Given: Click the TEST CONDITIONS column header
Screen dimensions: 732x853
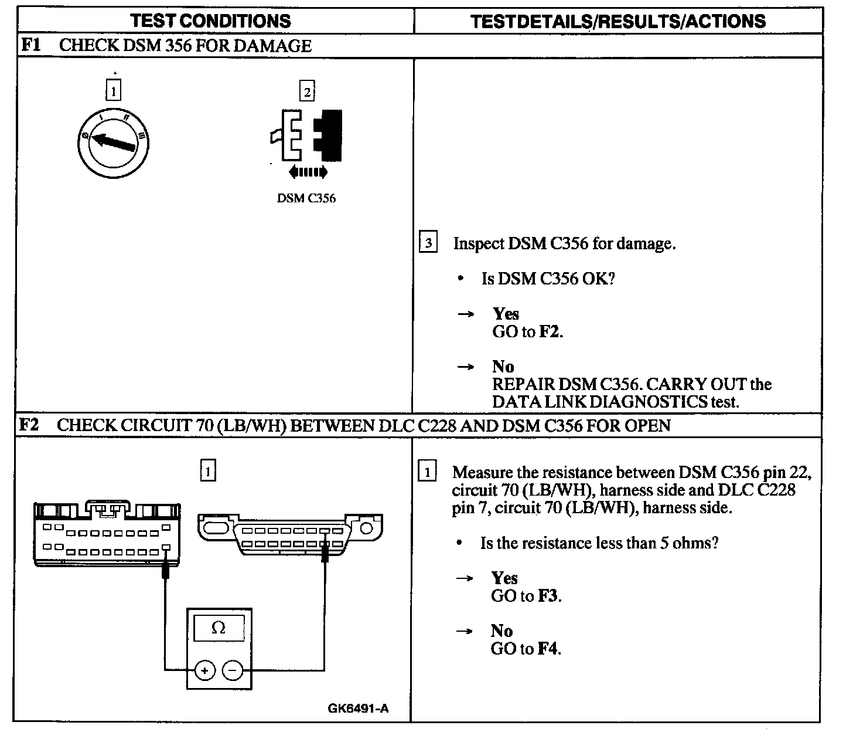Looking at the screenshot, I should [x=211, y=21].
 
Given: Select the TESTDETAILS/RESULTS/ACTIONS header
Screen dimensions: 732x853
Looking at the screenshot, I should [x=618, y=22].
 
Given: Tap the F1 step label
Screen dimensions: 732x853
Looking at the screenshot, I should [x=30, y=45].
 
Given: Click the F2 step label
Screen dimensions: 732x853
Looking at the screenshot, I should [x=29, y=425].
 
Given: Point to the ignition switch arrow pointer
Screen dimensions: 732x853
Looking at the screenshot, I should [x=114, y=142].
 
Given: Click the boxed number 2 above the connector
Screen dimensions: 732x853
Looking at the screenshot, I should [x=307, y=91].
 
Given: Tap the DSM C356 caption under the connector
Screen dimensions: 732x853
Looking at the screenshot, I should [x=306, y=198].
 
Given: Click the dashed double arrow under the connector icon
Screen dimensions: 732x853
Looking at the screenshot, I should [x=308, y=172].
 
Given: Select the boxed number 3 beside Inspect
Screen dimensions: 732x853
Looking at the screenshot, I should [x=428, y=243].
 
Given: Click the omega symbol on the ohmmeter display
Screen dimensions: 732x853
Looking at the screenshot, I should [x=218, y=628].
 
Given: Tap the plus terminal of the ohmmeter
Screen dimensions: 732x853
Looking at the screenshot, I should [x=204, y=670].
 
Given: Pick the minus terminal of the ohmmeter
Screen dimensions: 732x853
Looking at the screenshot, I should [x=233, y=670].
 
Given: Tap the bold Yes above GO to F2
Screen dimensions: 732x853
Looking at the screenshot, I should [x=506, y=314].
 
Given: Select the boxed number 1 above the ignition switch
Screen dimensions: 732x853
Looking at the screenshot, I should [x=113, y=91].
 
